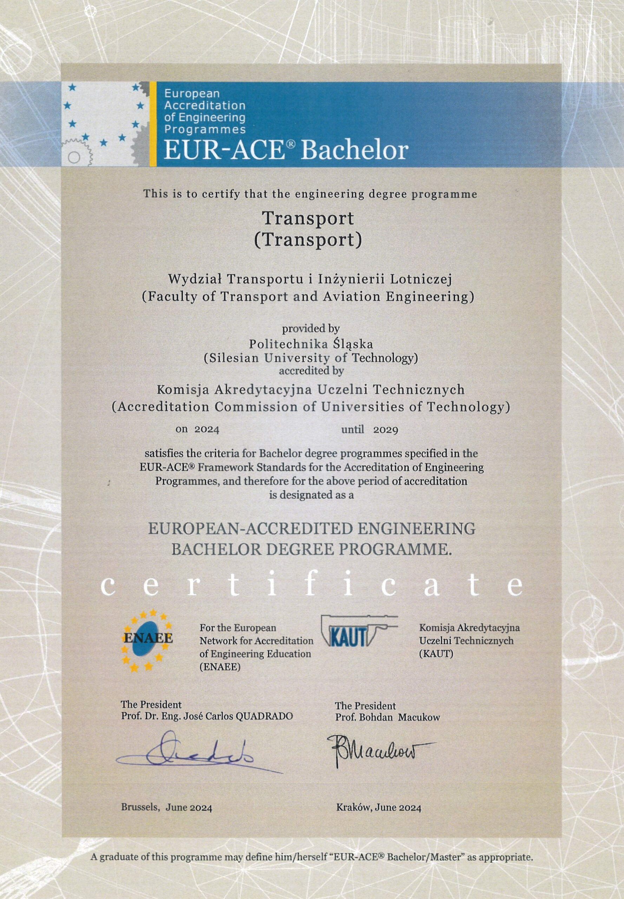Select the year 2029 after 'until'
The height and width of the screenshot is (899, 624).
[x=386, y=430]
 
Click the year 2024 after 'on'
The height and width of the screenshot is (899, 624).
[x=207, y=430]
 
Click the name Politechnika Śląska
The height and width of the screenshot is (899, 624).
[x=311, y=344]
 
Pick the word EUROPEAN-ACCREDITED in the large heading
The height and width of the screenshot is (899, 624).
[x=249, y=529]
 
